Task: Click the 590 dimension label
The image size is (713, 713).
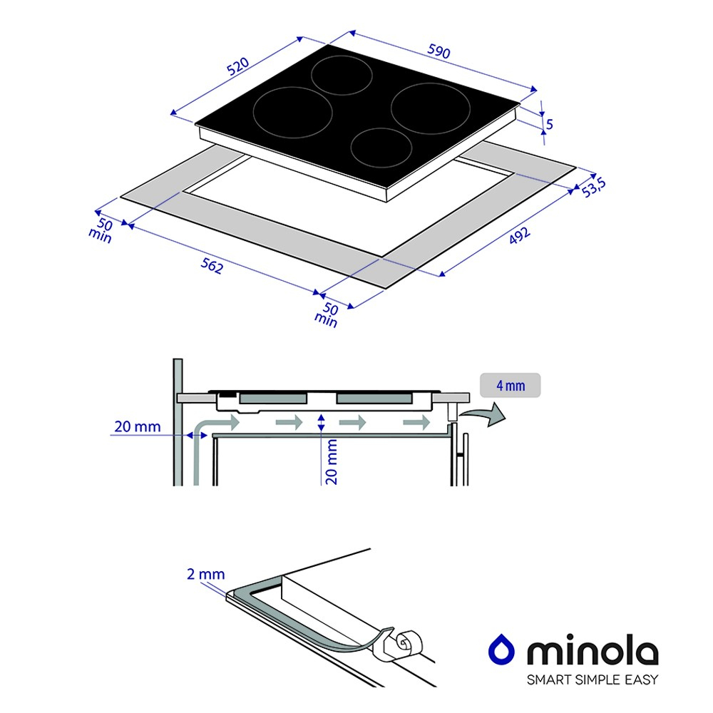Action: pyautogui.click(x=438, y=51)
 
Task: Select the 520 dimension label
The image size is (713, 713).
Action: pyautogui.click(x=238, y=66)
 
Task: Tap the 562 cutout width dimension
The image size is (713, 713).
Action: pyautogui.click(x=212, y=265)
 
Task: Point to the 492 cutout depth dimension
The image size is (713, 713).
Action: pyautogui.click(x=519, y=235)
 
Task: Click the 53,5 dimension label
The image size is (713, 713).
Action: pyautogui.click(x=593, y=188)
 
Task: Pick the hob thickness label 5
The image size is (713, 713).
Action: pyautogui.click(x=549, y=123)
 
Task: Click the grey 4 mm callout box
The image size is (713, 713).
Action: pyautogui.click(x=511, y=386)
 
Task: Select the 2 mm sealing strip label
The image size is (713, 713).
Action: pyautogui.click(x=205, y=574)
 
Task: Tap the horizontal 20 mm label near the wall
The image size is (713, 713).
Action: pyautogui.click(x=138, y=426)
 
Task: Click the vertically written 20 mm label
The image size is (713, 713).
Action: pyautogui.click(x=332, y=462)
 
